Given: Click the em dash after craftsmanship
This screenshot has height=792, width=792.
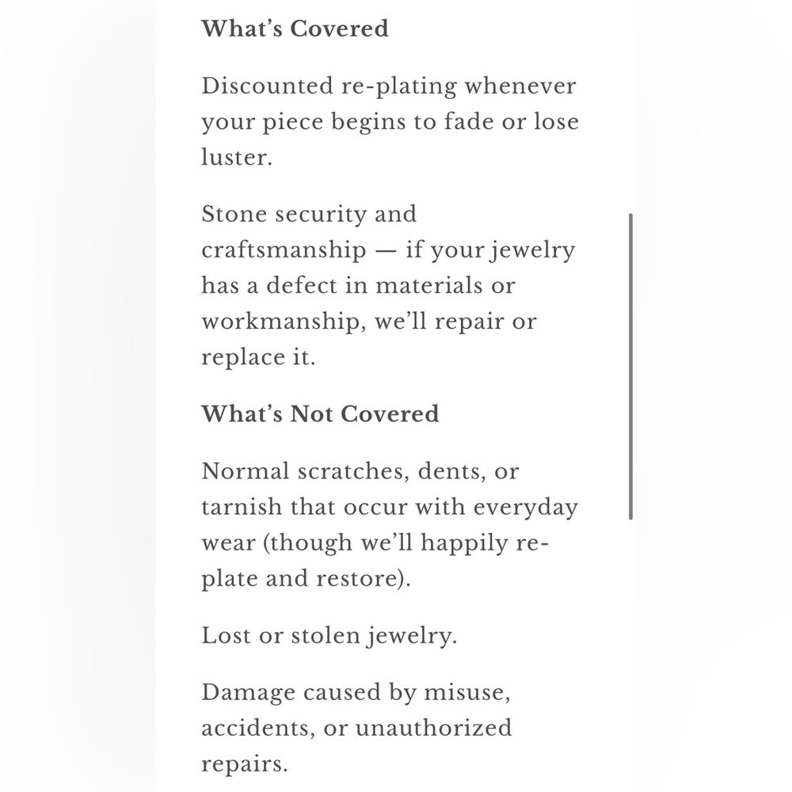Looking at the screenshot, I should tap(386, 251).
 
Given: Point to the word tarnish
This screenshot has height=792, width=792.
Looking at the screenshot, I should tap(234, 508).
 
